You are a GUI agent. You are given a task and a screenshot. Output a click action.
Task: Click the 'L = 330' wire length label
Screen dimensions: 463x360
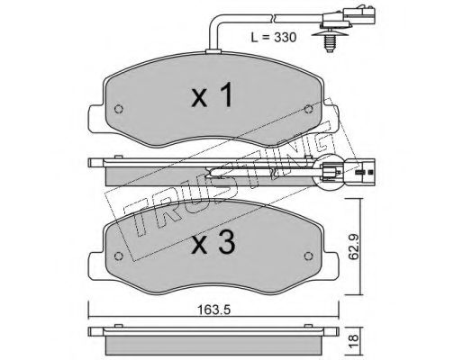coord(274,38)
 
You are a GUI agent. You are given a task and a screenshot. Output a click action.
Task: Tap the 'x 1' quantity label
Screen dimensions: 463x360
coord(212,95)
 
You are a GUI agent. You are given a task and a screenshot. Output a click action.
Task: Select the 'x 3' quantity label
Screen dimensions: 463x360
coord(213,243)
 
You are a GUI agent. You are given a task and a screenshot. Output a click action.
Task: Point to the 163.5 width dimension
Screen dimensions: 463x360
coord(213,310)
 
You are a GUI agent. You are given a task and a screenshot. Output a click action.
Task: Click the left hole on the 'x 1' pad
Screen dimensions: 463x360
coord(119,109)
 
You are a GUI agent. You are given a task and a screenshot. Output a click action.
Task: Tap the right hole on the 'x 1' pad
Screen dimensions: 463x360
coord(308,109)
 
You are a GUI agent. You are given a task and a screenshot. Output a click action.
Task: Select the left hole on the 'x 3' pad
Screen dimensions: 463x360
coord(119,256)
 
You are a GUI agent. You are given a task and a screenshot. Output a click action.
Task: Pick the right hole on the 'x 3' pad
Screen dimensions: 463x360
coord(309,256)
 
